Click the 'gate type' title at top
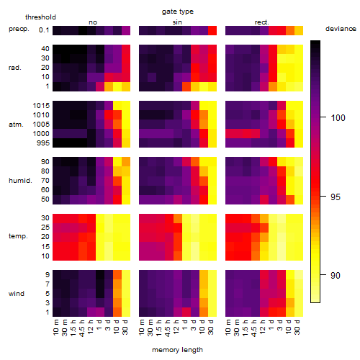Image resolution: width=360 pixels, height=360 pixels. [x=178, y=12]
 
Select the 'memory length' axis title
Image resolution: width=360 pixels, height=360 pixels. [x=177, y=350]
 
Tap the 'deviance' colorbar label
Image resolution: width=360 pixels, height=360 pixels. [x=341, y=29]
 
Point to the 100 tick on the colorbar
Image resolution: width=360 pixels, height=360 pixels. [x=338, y=117]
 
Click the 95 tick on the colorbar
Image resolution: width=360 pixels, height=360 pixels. [x=336, y=197]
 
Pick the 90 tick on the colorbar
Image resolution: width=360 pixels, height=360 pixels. [x=336, y=275]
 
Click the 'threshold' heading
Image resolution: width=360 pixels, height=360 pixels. [x=40, y=17]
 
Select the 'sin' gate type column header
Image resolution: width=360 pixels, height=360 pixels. [x=177, y=22]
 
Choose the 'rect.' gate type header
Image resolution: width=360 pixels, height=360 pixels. [x=262, y=22]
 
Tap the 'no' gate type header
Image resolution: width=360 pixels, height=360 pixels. [x=93, y=22]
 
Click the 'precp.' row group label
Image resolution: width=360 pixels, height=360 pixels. [x=19, y=29]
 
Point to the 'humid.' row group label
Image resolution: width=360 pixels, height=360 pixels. [x=20, y=181]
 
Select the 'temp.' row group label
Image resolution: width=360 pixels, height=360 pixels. [x=18, y=236]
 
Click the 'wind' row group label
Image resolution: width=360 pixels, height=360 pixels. [x=17, y=293]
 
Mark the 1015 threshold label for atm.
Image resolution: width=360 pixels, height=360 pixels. [x=41, y=106]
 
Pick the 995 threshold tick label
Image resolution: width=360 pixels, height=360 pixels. [x=43, y=143]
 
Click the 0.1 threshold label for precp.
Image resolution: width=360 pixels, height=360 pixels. [x=44, y=30]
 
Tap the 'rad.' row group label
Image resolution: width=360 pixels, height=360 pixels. [x=15, y=68]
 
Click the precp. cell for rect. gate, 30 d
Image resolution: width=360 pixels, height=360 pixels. [x=299, y=30]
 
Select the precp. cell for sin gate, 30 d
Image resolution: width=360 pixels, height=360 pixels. [x=212, y=30]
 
